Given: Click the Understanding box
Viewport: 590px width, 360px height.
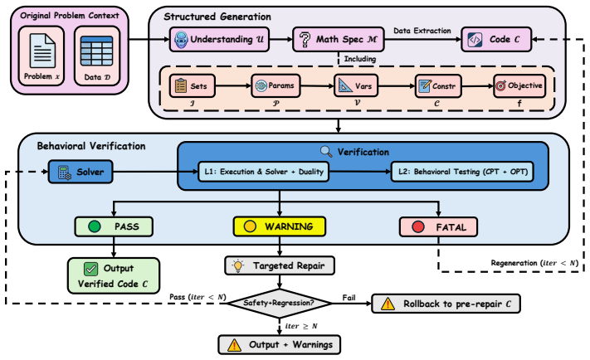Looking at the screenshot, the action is pos(219,39).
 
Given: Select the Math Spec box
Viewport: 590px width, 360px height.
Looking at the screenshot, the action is pos(339,39).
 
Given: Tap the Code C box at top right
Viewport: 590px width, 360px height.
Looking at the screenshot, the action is pos(496,39).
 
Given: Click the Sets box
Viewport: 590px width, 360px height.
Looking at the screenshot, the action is pos(193,86).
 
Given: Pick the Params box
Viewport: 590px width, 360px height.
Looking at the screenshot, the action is pos(275,85).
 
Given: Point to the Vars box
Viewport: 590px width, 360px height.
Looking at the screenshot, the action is pos(356,86).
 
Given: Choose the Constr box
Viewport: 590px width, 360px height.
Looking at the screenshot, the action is pos(438,86).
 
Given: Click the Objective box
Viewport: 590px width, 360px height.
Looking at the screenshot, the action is pos(519,86).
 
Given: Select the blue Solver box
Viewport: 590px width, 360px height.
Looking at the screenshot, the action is pos(80,172).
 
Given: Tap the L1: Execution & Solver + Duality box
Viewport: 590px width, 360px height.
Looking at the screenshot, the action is pos(263,172).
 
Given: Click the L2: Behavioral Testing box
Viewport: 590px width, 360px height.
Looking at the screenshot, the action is pos(462,172).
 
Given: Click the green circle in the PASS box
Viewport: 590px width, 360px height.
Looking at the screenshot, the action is pos(94,226).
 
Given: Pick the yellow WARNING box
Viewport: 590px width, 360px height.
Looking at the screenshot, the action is pos(280,226).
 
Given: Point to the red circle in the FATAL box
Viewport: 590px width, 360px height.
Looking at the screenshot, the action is pos(418,226).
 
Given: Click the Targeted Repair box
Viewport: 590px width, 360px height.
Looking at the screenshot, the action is pos(280,266).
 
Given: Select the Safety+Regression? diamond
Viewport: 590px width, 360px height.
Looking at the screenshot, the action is pos(279,304).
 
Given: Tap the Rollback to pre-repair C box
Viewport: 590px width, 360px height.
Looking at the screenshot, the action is pos(446,304).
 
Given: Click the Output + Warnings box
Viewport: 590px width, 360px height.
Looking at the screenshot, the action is pos(280,344).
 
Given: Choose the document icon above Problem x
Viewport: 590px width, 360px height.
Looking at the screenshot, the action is pos(42,51).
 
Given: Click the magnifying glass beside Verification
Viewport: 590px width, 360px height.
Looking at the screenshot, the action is pos(326,152).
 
